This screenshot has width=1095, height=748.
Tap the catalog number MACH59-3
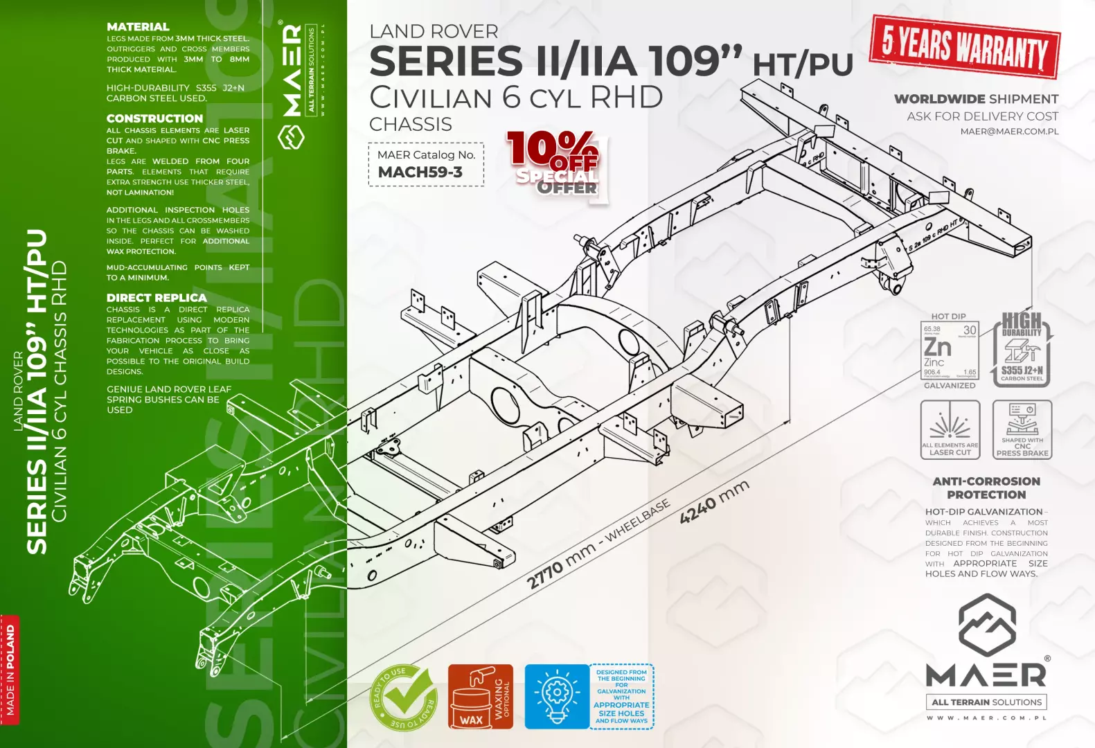coord(420,172)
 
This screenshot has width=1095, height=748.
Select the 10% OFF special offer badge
coord(555,165)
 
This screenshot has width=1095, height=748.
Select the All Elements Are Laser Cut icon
coord(950,429)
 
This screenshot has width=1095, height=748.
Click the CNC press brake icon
coord(1022,429)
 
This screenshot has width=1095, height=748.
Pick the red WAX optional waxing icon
coord(480,697)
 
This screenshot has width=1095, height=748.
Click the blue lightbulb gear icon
coord(556,697)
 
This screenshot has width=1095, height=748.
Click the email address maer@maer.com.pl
coord(1009,131)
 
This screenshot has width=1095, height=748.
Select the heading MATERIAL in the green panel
coord(138,27)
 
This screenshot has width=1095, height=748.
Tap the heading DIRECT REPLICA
coord(157,298)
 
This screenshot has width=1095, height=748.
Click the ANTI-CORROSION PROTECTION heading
coord(986,488)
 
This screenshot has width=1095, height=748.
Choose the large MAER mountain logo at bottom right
coord(986,651)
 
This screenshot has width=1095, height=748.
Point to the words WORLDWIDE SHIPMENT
coord(976,99)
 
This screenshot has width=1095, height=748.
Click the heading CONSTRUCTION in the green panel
coord(154,118)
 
